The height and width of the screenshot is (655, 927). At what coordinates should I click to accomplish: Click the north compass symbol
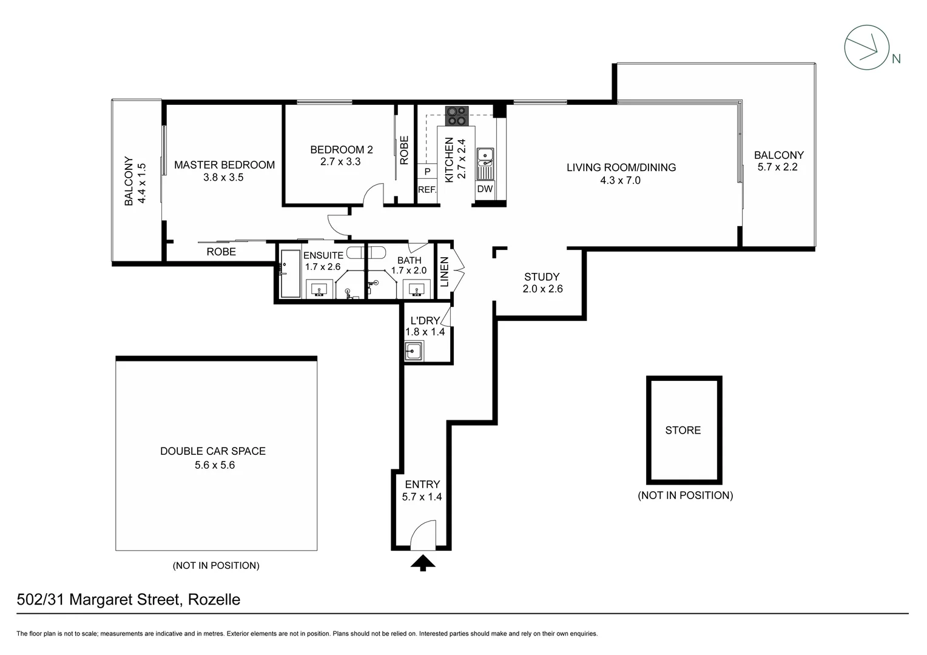coord(867,47)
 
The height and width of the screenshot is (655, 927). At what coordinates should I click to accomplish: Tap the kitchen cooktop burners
coord(457,116)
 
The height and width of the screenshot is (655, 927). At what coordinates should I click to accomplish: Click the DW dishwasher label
coord(485,189)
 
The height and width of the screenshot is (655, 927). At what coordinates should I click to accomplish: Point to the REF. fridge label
coord(427,190)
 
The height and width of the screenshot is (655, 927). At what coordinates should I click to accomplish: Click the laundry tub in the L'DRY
coord(414,351)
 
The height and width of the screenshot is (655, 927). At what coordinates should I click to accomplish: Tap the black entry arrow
coord(423,563)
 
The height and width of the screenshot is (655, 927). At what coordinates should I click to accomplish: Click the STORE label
coord(683,430)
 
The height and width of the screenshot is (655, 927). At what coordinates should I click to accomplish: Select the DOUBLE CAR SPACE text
coord(213,451)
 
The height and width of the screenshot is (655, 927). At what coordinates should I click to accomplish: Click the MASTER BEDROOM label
coord(224,165)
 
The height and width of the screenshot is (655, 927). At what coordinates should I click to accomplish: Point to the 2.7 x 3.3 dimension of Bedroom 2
coord(340,162)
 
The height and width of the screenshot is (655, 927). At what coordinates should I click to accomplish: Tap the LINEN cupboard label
coord(444,271)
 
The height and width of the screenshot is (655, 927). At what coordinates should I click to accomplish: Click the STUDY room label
coord(542,277)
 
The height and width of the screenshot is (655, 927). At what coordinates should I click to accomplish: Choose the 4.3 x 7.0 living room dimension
coord(620,180)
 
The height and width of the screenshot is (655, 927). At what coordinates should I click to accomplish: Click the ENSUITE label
coord(323,255)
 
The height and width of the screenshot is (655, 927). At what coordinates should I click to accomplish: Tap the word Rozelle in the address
coord(214,600)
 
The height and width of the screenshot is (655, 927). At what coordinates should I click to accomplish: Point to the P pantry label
coord(427,172)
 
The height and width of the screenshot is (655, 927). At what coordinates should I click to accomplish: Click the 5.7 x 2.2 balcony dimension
coord(778,167)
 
